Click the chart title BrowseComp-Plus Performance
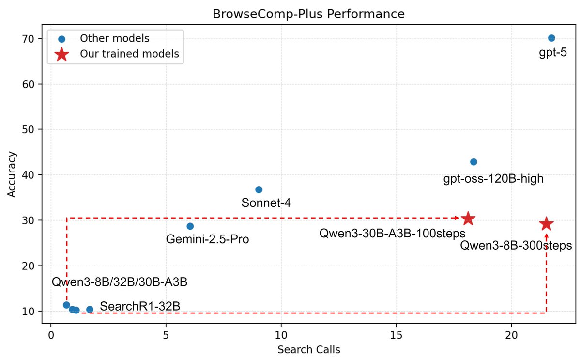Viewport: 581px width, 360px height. [x=308, y=15]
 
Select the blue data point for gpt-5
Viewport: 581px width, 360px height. [x=551, y=38]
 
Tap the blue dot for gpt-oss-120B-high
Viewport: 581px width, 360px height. [x=474, y=162]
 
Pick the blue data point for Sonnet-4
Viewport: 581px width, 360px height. [x=259, y=189]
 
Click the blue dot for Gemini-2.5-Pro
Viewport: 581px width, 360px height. [x=190, y=226]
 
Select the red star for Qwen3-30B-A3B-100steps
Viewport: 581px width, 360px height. [x=468, y=219]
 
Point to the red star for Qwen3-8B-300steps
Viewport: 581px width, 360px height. [x=546, y=224]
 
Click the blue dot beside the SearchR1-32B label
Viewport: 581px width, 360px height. [x=90, y=309]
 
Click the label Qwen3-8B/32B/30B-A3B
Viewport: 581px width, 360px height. [x=119, y=282]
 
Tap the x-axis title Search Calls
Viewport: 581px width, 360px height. [x=308, y=350]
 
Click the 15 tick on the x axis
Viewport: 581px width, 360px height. [x=396, y=336]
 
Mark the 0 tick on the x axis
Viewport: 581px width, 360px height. [x=51, y=336]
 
